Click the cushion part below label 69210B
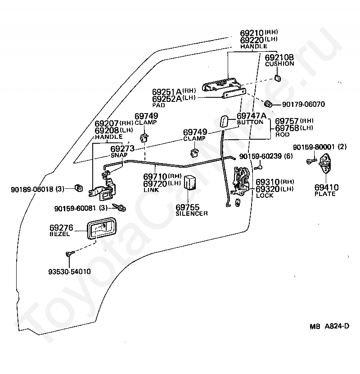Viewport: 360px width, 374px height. click(x=277, y=78)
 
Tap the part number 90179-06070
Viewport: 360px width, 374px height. click(x=303, y=104)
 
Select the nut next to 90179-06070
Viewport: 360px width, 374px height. click(x=268, y=104)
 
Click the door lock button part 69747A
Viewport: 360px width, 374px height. click(x=224, y=122)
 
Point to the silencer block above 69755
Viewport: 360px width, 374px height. click(x=190, y=182)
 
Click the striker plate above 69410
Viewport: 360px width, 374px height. click(x=325, y=164)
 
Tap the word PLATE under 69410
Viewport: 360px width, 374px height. click(x=325, y=194)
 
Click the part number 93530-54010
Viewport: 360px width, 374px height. click(x=69, y=272)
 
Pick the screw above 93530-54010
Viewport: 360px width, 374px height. click(x=70, y=253)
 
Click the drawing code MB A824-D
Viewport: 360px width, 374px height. click(x=329, y=326)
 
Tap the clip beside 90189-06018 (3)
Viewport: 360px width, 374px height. click(x=78, y=188)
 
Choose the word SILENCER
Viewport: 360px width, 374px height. click(x=192, y=214)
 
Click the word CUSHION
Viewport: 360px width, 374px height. click(x=279, y=64)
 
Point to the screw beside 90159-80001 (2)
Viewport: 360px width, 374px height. click(x=311, y=161)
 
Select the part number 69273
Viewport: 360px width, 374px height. click(x=122, y=149)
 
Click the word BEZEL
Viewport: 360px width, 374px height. click(x=60, y=234)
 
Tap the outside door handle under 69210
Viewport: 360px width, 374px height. click(x=221, y=85)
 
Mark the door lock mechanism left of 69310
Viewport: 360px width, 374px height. click(x=241, y=181)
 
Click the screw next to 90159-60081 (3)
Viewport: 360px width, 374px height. click(x=119, y=207)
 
